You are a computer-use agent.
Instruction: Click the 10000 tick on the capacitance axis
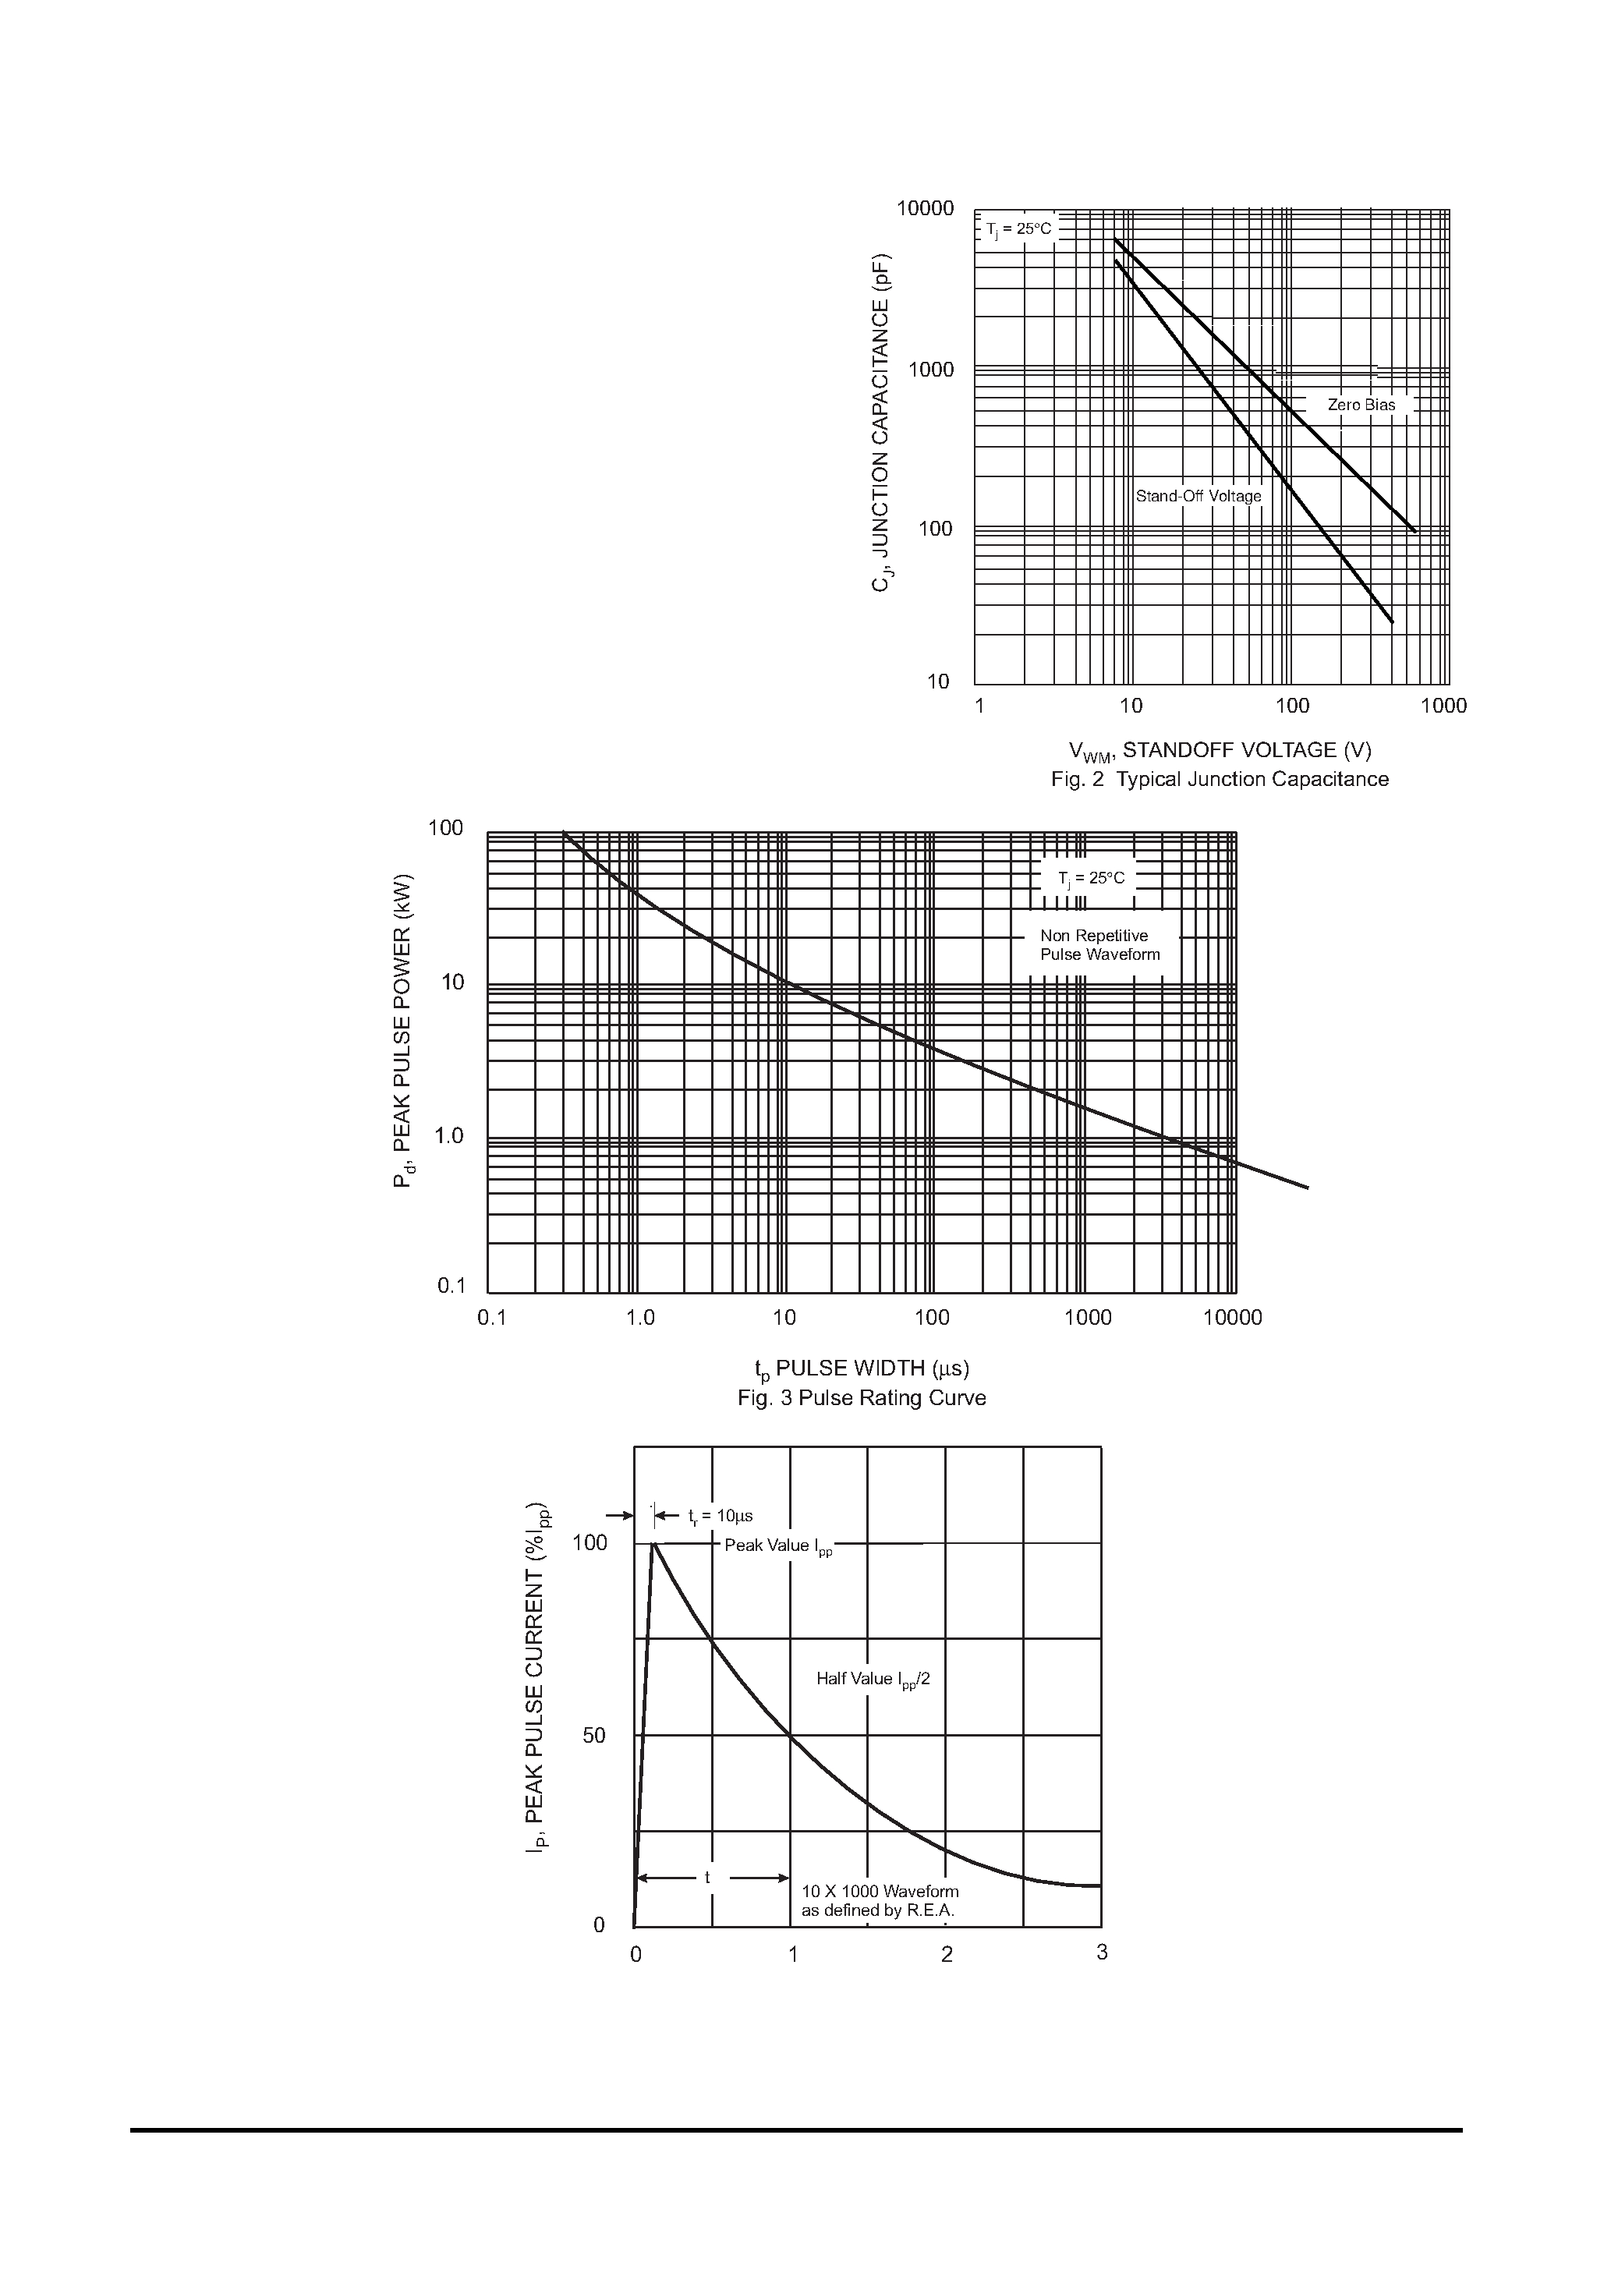[x=925, y=208]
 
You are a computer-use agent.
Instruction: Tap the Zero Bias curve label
[x=1361, y=405]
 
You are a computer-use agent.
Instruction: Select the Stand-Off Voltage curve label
[x=1198, y=497]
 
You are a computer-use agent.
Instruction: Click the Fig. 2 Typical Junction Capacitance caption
[x=1220, y=780]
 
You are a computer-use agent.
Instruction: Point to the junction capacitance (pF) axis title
[x=881, y=424]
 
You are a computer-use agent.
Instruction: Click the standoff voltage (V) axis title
[x=1220, y=751]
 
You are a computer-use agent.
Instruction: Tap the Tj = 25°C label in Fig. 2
[x=1018, y=230]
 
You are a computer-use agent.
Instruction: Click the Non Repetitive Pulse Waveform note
[x=1099, y=945]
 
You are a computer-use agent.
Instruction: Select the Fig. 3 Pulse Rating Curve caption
[x=861, y=1398]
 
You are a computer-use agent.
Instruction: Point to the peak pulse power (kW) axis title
[x=403, y=1032]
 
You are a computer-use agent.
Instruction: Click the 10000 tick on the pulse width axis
[x=1231, y=1318]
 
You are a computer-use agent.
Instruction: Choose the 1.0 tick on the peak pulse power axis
[x=449, y=1136]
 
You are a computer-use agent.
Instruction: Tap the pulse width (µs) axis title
[x=861, y=1369]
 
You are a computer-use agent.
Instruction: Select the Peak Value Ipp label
[x=777, y=1546]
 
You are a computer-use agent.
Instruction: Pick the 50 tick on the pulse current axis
[x=593, y=1736]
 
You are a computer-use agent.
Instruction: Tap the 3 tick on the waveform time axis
[x=1102, y=1953]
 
